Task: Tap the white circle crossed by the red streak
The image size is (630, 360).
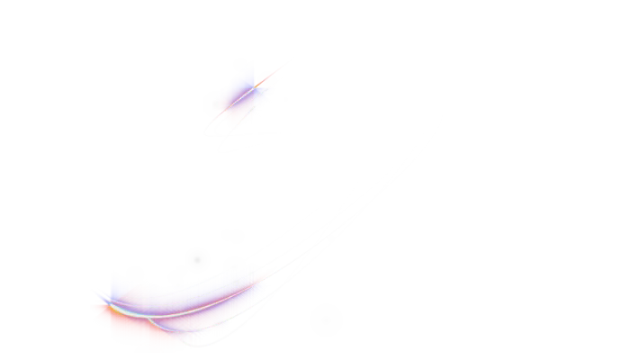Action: [x=267, y=80]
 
